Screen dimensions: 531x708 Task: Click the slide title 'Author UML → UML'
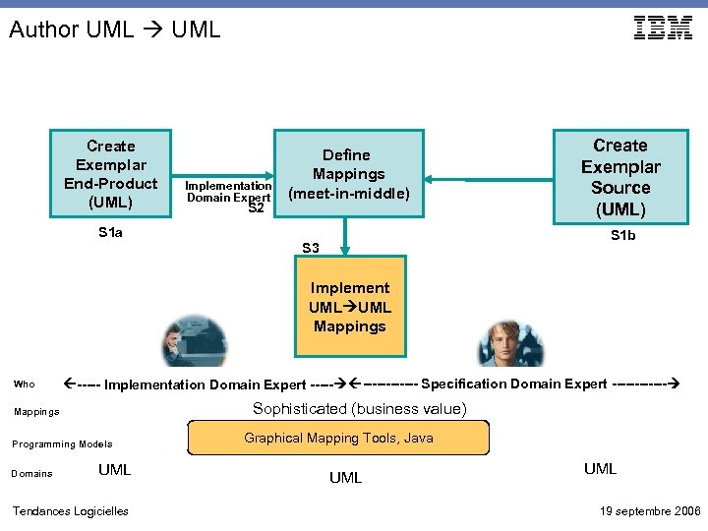tap(115, 29)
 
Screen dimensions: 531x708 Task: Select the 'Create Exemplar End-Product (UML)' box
tap(110, 174)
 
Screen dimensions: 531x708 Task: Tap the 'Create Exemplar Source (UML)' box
tap(619, 177)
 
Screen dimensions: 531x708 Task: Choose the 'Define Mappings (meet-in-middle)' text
tap(348, 174)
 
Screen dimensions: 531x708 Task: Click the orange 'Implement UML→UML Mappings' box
tap(349, 306)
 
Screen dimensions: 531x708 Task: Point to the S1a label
tap(110, 233)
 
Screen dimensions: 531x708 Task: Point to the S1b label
tap(622, 235)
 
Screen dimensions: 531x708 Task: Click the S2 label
tap(257, 207)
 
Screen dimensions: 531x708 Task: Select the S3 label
tap(311, 248)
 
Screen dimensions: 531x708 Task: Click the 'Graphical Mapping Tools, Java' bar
tap(338, 438)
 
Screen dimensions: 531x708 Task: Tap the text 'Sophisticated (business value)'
tap(359, 409)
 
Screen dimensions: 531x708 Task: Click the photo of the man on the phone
tap(195, 341)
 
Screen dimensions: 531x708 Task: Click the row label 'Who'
tap(25, 384)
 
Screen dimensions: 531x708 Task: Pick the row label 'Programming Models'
tap(62, 443)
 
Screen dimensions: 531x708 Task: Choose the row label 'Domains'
tap(32, 474)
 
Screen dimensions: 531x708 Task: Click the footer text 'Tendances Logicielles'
tap(70, 510)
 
